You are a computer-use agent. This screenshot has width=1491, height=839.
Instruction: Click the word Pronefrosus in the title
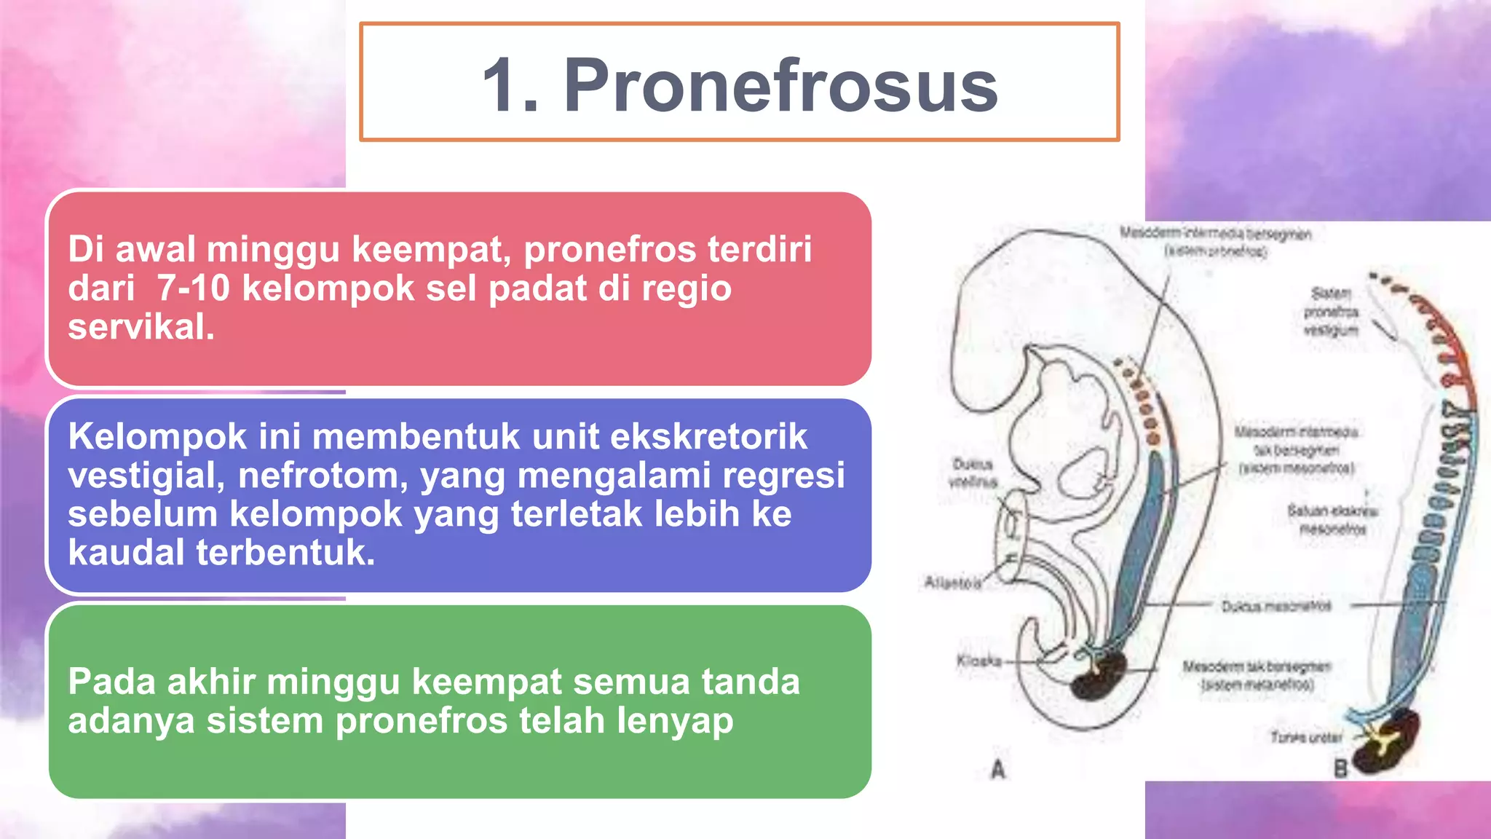click(780, 86)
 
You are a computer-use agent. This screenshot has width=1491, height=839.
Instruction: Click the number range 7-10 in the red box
click(193, 288)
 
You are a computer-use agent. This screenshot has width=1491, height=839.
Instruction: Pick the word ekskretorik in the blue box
click(708, 437)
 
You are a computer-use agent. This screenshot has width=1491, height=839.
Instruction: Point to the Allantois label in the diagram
click(952, 583)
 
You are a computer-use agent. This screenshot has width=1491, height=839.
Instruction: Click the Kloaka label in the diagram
click(978, 661)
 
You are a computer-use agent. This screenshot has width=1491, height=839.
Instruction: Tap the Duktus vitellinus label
click(973, 473)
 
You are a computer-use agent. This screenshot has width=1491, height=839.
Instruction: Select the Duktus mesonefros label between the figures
click(1276, 606)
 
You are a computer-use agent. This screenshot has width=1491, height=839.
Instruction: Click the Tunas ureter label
click(1306, 737)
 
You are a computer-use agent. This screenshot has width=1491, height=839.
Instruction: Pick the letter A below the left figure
click(998, 769)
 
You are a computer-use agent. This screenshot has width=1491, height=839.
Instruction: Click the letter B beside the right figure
click(1340, 768)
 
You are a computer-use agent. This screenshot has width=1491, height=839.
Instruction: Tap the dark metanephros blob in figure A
click(1100, 677)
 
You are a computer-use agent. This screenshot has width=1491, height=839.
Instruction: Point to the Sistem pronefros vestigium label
click(1331, 312)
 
